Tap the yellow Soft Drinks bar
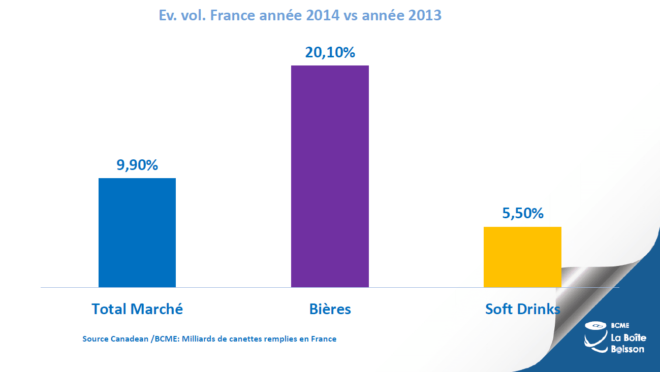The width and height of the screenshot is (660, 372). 522,257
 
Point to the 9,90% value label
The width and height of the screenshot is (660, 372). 137,165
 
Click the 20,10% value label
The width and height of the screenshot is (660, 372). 330,52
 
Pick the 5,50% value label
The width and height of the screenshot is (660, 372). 522,214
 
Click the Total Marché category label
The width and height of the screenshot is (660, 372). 137,309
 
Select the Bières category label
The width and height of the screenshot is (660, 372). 330,309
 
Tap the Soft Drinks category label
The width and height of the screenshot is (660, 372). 523,309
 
